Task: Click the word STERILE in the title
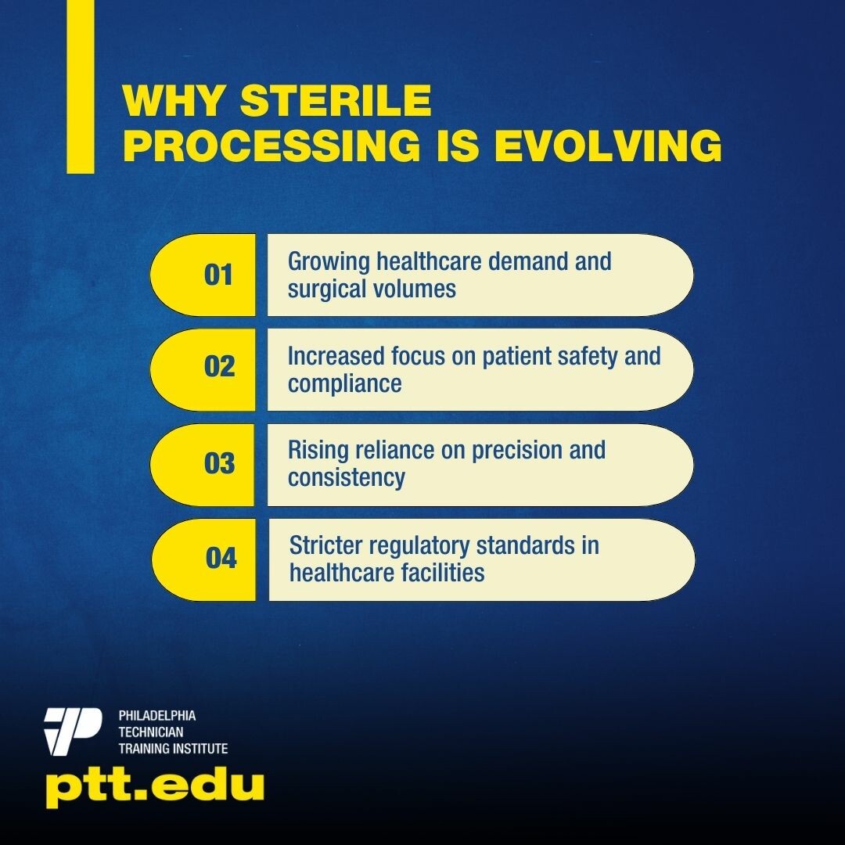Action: [x=335, y=100]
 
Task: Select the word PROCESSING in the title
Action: [x=271, y=145]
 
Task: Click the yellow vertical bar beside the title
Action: [x=81, y=86]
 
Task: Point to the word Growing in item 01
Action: [x=329, y=262]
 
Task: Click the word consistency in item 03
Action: [x=346, y=478]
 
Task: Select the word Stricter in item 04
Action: [x=326, y=545]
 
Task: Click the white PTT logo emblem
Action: [x=73, y=732]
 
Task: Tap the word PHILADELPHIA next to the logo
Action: [x=156, y=716]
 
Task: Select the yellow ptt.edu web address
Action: [x=155, y=788]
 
